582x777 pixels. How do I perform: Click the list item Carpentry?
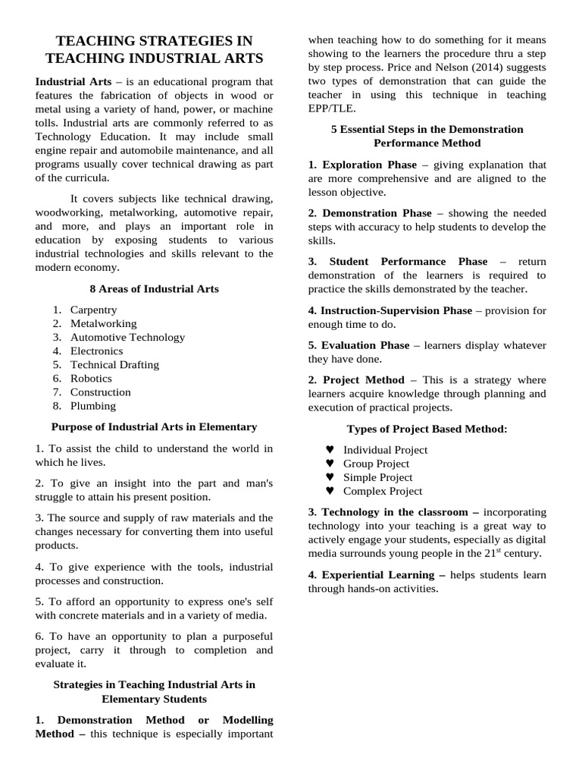pyautogui.click(x=93, y=310)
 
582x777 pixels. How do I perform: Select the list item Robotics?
pyautogui.click(x=91, y=378)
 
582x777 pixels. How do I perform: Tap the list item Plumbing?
pyautogui.click(x=93, y=405)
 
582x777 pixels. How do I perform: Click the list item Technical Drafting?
pyautogui.click(x=114, y=364)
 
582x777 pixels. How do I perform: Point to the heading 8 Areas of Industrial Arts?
pyautogui.click(x=154, y=288)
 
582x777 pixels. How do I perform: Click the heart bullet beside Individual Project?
pyautogui.click(x=330, y=450)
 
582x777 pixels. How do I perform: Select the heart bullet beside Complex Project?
pyautogui.click(x=330, y=491)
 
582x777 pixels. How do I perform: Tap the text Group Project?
pyautogui.click(x=376, y=464)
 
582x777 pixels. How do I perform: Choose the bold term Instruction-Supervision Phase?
pyautogui.click(x=390, y=310)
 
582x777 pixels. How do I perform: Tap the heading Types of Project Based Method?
pyautogui.click(x=427, y=429)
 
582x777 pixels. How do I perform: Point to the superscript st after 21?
pyautogui.click(x=499, y=550)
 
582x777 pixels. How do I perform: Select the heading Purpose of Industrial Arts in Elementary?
pyautogui.click(x=154, y=426)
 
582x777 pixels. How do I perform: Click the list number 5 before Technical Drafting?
pyautogui.click(x=57, y=364)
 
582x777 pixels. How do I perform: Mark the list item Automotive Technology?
pyautogui.click(x=127, y=337)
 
